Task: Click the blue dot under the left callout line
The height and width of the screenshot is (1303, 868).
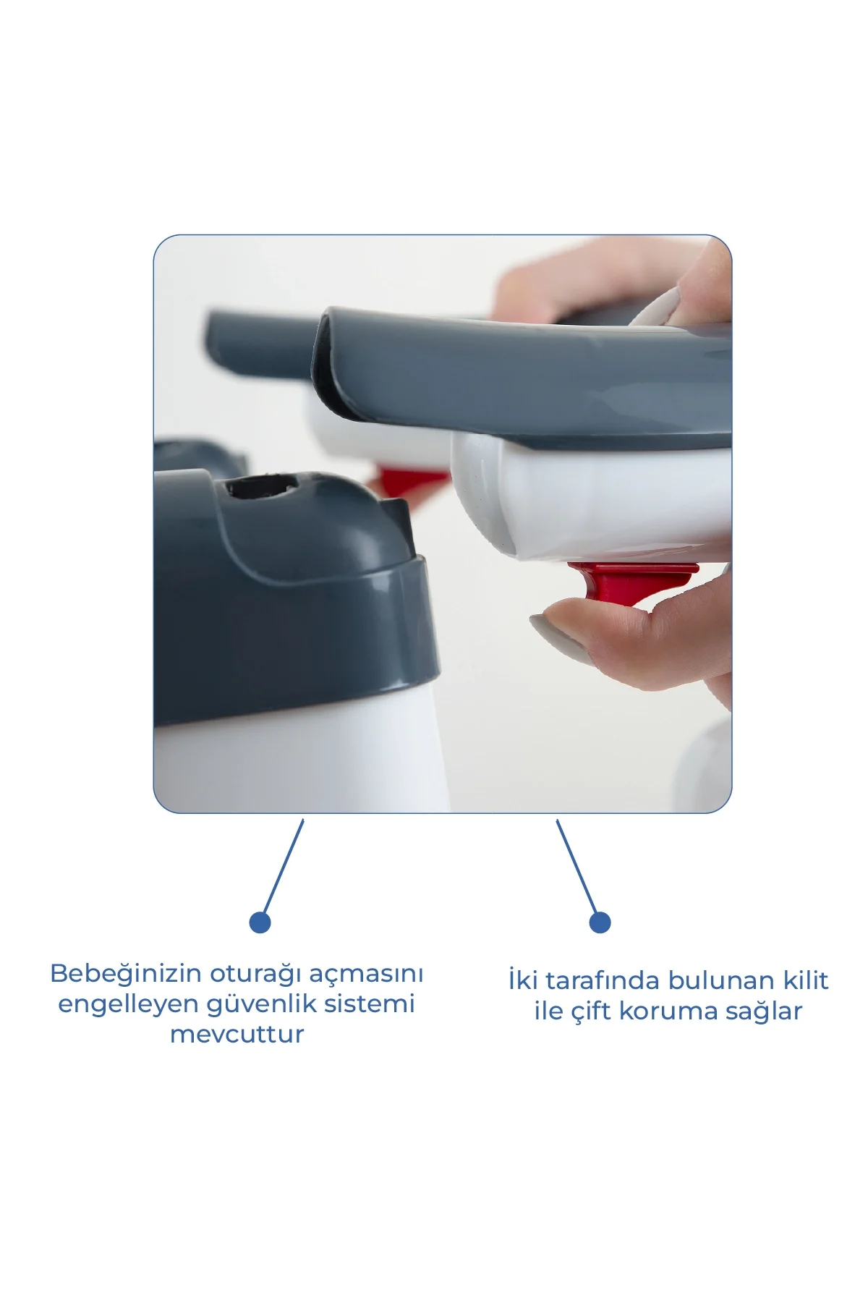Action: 260,922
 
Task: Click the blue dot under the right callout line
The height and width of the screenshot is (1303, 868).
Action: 600,922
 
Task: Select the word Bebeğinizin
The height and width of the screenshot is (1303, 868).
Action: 126,974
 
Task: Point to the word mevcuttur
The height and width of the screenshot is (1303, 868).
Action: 237,1035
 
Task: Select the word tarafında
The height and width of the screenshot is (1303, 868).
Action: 603,981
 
